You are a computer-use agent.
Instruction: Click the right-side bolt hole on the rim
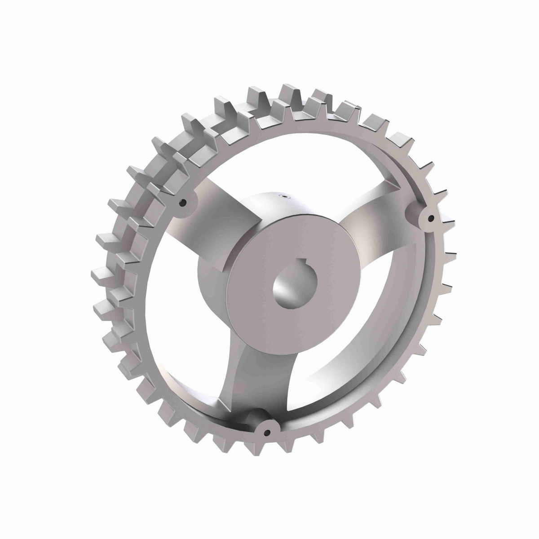coord(430,218)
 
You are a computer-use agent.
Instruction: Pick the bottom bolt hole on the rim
coord(268,433)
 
